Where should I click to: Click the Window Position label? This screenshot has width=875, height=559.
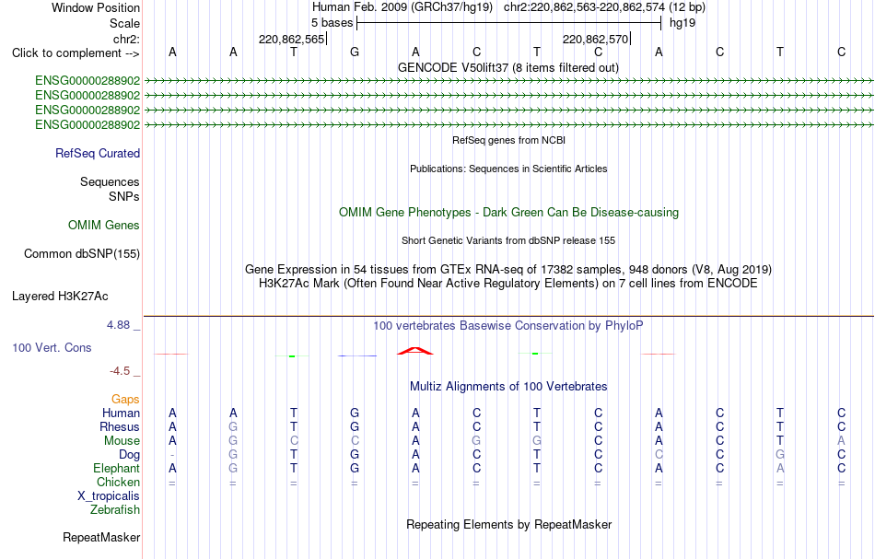pos(96,7)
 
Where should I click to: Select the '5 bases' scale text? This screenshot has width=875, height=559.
pos(332,23)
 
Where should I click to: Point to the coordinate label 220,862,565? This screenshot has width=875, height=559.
pos(291,39)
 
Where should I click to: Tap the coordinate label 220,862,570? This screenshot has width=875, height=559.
pos(595,39)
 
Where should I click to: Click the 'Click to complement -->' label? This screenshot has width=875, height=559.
pos(76,53)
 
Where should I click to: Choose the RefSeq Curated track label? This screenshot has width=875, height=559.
pos(98,154)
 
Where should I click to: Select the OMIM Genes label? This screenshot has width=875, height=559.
pos(104,225)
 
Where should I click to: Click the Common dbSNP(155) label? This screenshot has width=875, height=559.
pos(82,254)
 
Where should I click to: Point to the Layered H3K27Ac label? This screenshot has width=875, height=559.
pos(60,297)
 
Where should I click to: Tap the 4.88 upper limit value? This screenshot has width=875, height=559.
pos(118,325)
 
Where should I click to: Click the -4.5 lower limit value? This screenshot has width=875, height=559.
pos(120,371)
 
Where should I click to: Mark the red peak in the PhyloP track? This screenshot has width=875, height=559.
pos(415,350)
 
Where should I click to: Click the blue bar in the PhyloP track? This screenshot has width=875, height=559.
pos(357,355)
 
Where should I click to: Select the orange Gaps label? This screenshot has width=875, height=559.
pos(125,399)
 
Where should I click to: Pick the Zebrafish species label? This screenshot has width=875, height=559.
pos(115,509)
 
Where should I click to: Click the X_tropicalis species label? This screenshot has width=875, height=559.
pos(109,496)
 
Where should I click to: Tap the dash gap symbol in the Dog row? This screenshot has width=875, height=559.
pos(172,455)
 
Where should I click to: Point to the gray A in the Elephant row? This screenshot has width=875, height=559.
pos(780,468)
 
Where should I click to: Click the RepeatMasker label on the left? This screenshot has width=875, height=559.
pos(101,537)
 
